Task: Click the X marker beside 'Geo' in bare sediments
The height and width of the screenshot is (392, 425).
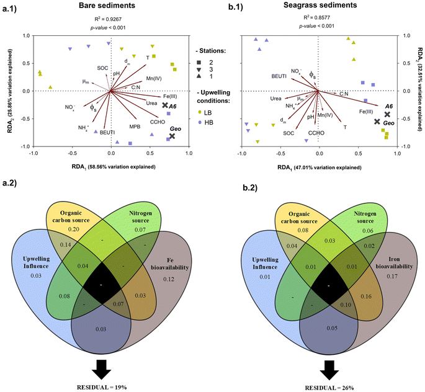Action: [172, 136]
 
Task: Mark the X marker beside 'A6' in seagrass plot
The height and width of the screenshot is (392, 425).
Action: [387, 114]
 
